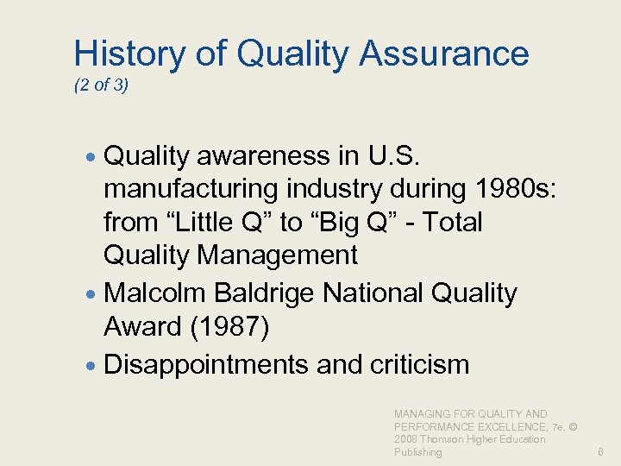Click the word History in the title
click(129, 54)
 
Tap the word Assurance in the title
click(444, 54)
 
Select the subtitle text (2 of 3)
click(101, 86)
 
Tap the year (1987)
click(228, 327)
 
